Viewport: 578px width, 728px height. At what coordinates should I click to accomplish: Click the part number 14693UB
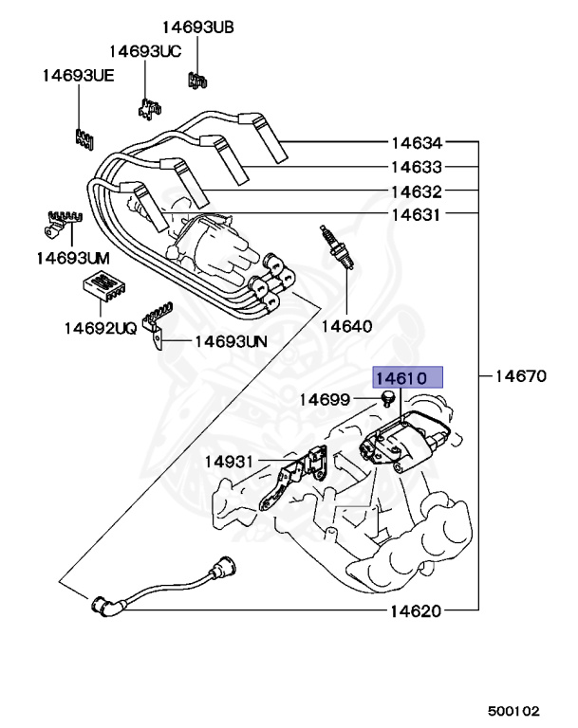pos(196,27)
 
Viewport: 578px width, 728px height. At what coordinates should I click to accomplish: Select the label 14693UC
pos(144,51)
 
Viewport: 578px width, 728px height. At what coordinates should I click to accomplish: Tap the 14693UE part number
pos(78,75)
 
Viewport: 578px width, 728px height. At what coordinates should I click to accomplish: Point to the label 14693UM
pos(74,257)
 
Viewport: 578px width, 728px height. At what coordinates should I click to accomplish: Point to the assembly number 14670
pos(519,375)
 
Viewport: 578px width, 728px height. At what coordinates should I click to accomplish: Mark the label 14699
pos(326,401)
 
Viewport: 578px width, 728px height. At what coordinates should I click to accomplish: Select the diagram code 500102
pos(513,709)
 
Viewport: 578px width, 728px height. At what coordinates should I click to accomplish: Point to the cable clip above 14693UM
pos(59,222)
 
